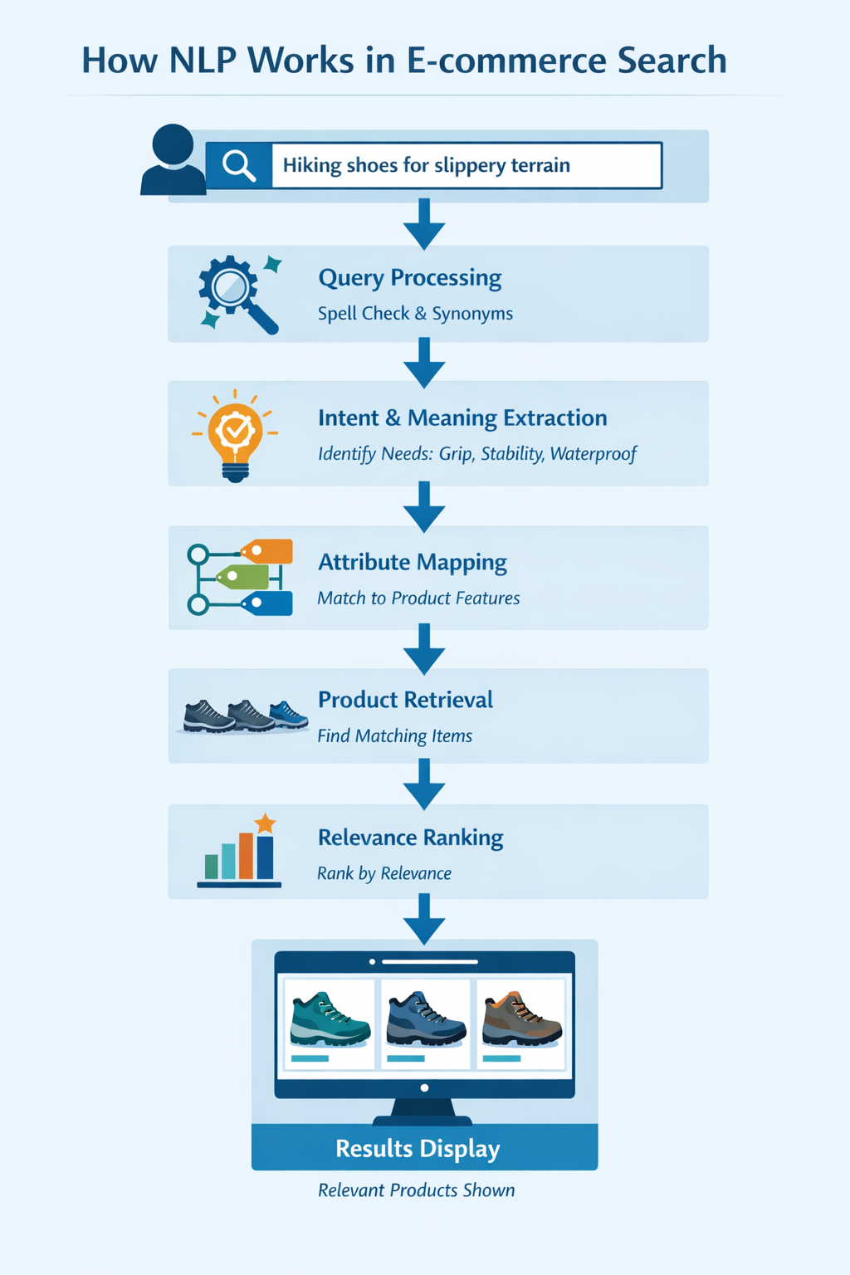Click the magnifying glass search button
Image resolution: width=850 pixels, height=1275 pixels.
238,165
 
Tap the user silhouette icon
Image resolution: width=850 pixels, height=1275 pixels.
173,160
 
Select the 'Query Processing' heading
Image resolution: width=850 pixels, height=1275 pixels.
410,277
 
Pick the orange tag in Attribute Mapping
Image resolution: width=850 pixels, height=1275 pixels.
267,551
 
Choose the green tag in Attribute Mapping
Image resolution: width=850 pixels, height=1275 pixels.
243,576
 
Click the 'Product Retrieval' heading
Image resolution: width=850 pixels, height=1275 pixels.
405,700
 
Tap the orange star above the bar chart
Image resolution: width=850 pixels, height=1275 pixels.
265,823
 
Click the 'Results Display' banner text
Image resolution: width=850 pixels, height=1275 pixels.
418,1149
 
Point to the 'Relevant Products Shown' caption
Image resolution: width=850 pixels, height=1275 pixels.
416,1190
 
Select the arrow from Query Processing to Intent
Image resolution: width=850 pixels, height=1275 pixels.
424,363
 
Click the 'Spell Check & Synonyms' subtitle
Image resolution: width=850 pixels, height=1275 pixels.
415,314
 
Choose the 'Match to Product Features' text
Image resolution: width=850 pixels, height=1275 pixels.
418,598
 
